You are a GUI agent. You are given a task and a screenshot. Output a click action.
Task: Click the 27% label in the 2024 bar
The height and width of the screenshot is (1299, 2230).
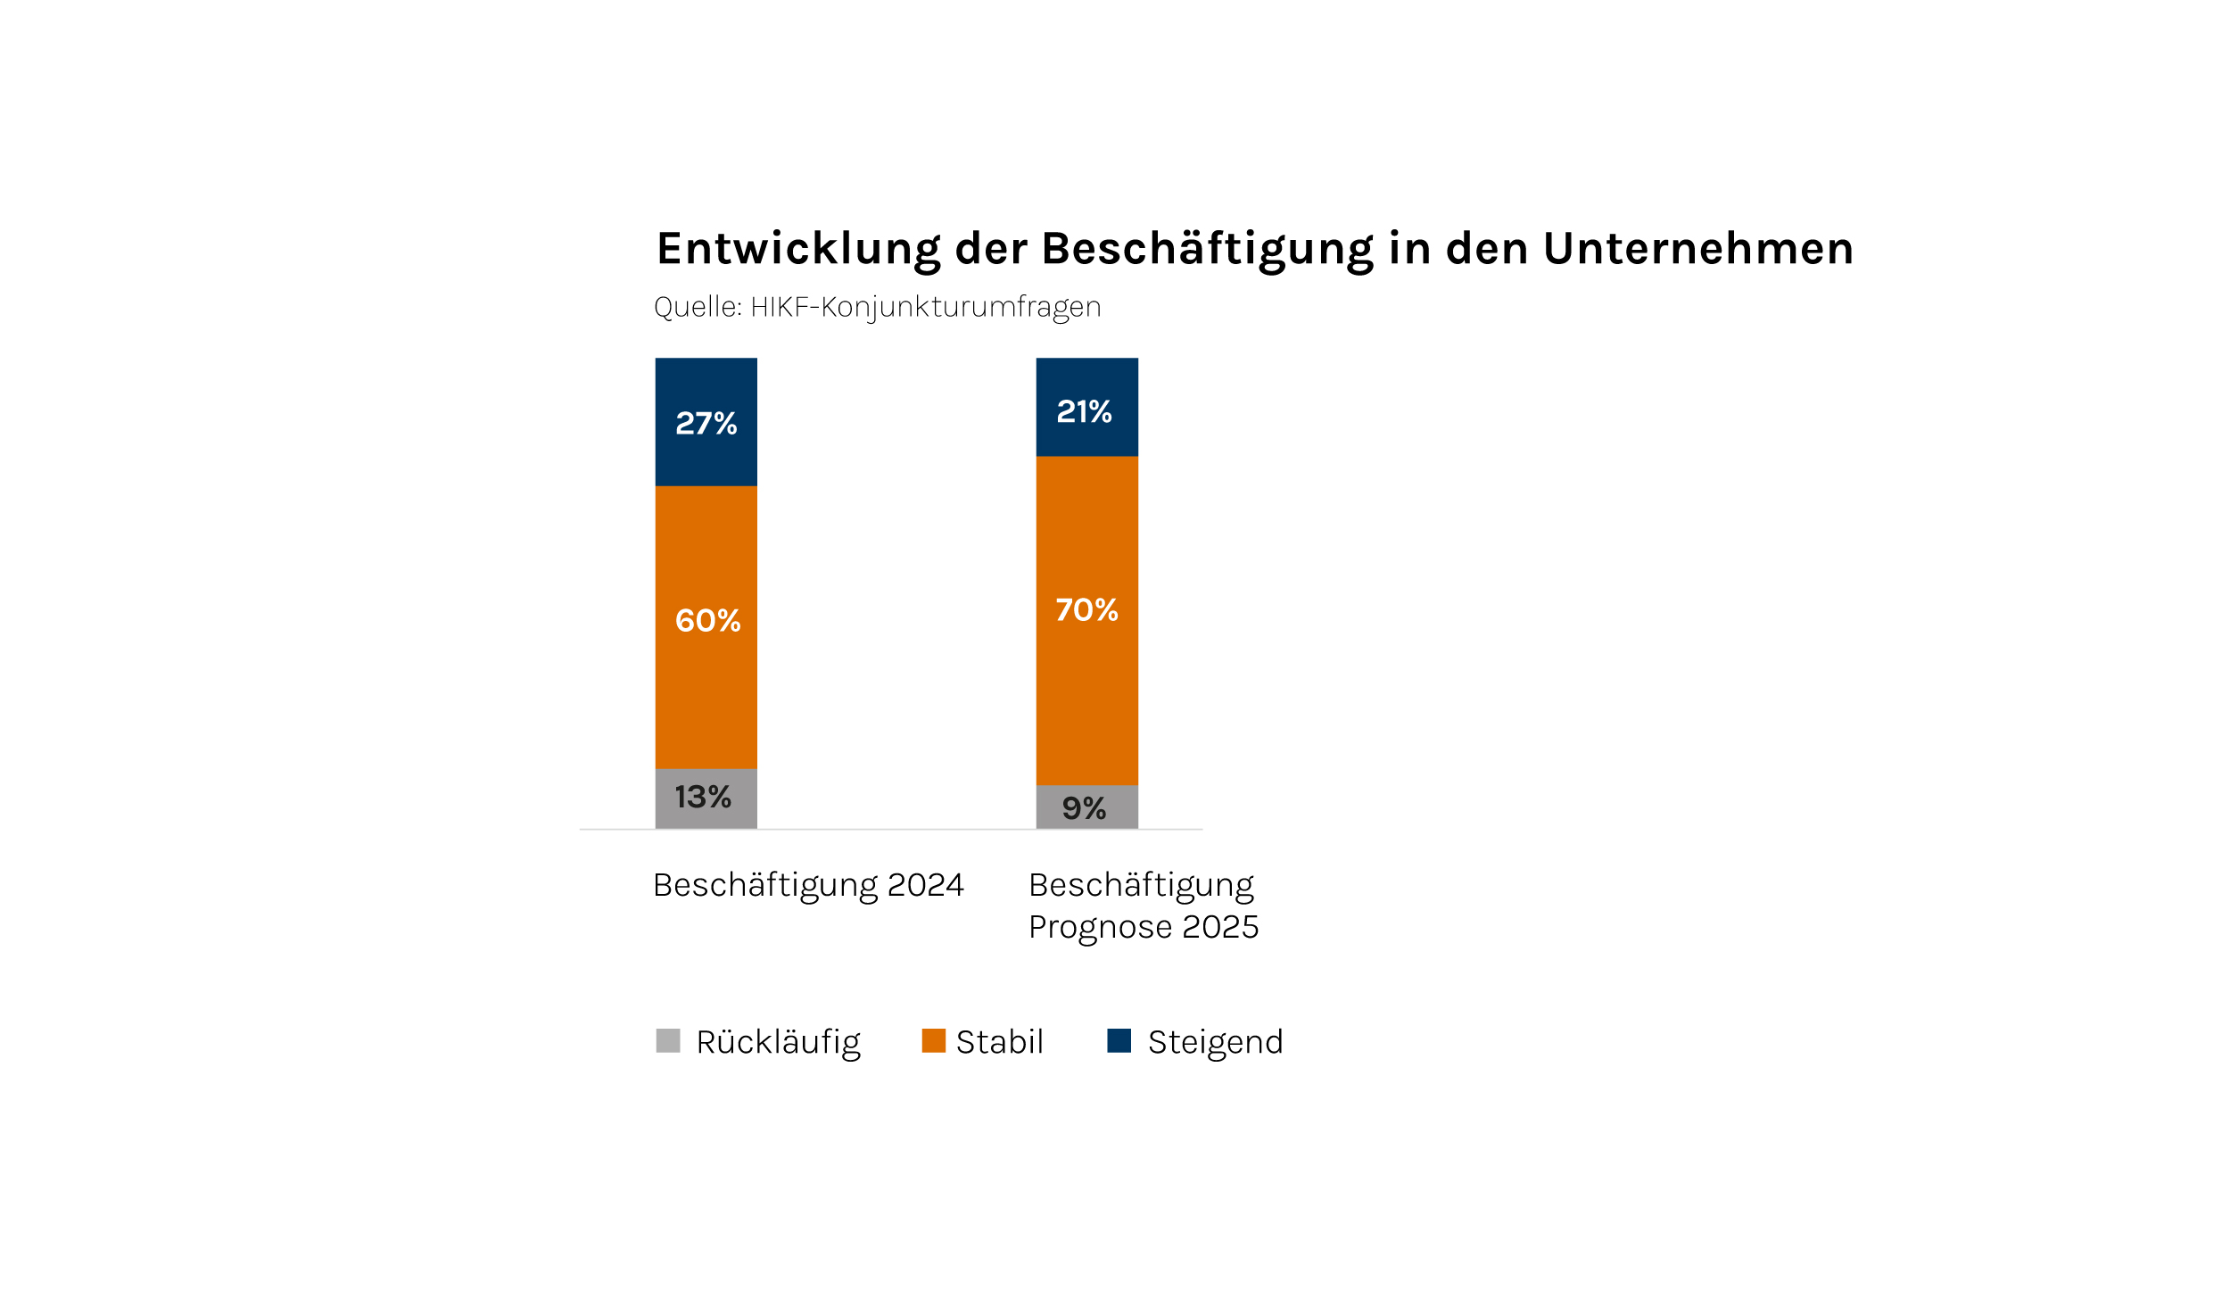coord(706,423)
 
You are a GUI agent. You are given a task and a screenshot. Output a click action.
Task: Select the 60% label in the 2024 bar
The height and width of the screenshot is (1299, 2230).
coord(707,620)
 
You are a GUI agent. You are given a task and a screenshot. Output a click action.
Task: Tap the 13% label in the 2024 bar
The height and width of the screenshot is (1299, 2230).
coord(703,797)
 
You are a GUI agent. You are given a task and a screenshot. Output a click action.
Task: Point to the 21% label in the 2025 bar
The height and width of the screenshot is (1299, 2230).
coord(1084,411)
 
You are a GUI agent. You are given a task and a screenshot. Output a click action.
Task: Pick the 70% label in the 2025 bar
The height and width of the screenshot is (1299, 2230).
coord(1086,609)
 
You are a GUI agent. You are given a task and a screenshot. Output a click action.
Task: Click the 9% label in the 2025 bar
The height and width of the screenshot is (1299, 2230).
coord(1084,808)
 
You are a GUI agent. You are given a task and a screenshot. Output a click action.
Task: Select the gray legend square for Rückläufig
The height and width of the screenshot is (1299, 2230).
coord(668,1040)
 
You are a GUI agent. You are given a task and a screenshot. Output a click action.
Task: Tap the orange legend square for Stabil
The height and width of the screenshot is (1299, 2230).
coord(933,1040)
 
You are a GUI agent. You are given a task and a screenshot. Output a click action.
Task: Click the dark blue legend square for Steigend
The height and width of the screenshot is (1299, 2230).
coord(1119,1040)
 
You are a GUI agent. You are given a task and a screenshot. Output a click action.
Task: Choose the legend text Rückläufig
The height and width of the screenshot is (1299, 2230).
coord(778,1042)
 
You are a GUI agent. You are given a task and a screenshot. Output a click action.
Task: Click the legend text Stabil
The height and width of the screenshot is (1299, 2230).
coord(999,1041)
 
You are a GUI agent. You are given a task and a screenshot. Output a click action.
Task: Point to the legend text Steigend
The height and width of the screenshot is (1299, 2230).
coord(1215,1042)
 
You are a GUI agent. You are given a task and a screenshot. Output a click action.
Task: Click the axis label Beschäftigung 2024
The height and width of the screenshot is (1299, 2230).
coord(808,885)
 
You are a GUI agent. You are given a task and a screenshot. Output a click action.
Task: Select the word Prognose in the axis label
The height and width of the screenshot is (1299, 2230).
coord(1100,927)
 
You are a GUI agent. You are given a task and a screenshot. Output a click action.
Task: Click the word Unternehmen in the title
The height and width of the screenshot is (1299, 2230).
coord(1698,248)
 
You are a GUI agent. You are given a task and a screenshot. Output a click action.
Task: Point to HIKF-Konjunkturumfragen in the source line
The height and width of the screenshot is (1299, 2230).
coord(925,307)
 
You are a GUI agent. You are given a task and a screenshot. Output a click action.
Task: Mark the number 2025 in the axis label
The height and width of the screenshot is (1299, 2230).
coord(1219,927)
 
